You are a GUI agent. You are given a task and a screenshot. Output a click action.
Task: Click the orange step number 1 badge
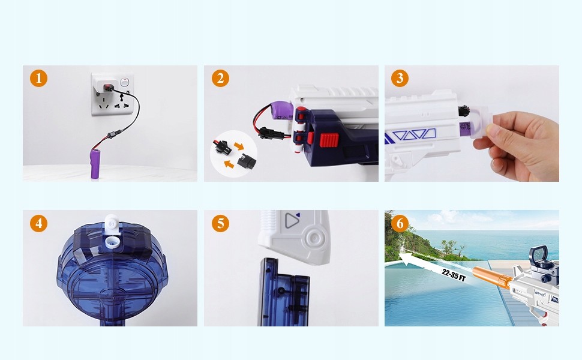(x=38, y=79)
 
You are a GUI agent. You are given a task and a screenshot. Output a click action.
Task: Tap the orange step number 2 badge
(x=220, y=79)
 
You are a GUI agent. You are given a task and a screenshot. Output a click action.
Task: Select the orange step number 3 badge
(x=400, y=78)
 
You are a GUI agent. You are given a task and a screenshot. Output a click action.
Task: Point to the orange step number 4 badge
(x=38, y=223)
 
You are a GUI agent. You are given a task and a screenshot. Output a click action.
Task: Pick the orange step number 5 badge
(x=220, y=223)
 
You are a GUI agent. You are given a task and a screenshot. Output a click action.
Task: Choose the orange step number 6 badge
(x=400, y=223)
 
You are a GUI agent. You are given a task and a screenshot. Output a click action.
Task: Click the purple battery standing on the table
(x=96, y=164)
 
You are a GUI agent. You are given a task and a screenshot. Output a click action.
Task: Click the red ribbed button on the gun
(x=329, y=140)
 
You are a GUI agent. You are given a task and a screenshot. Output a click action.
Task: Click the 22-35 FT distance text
(x=453, y=275)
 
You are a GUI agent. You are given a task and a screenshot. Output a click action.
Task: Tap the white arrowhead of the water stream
(x=408, y=259)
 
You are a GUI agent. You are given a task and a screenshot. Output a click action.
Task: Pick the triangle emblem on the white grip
(x=292, y=220)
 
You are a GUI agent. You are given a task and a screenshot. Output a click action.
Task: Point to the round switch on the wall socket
(x=124, y=82)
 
